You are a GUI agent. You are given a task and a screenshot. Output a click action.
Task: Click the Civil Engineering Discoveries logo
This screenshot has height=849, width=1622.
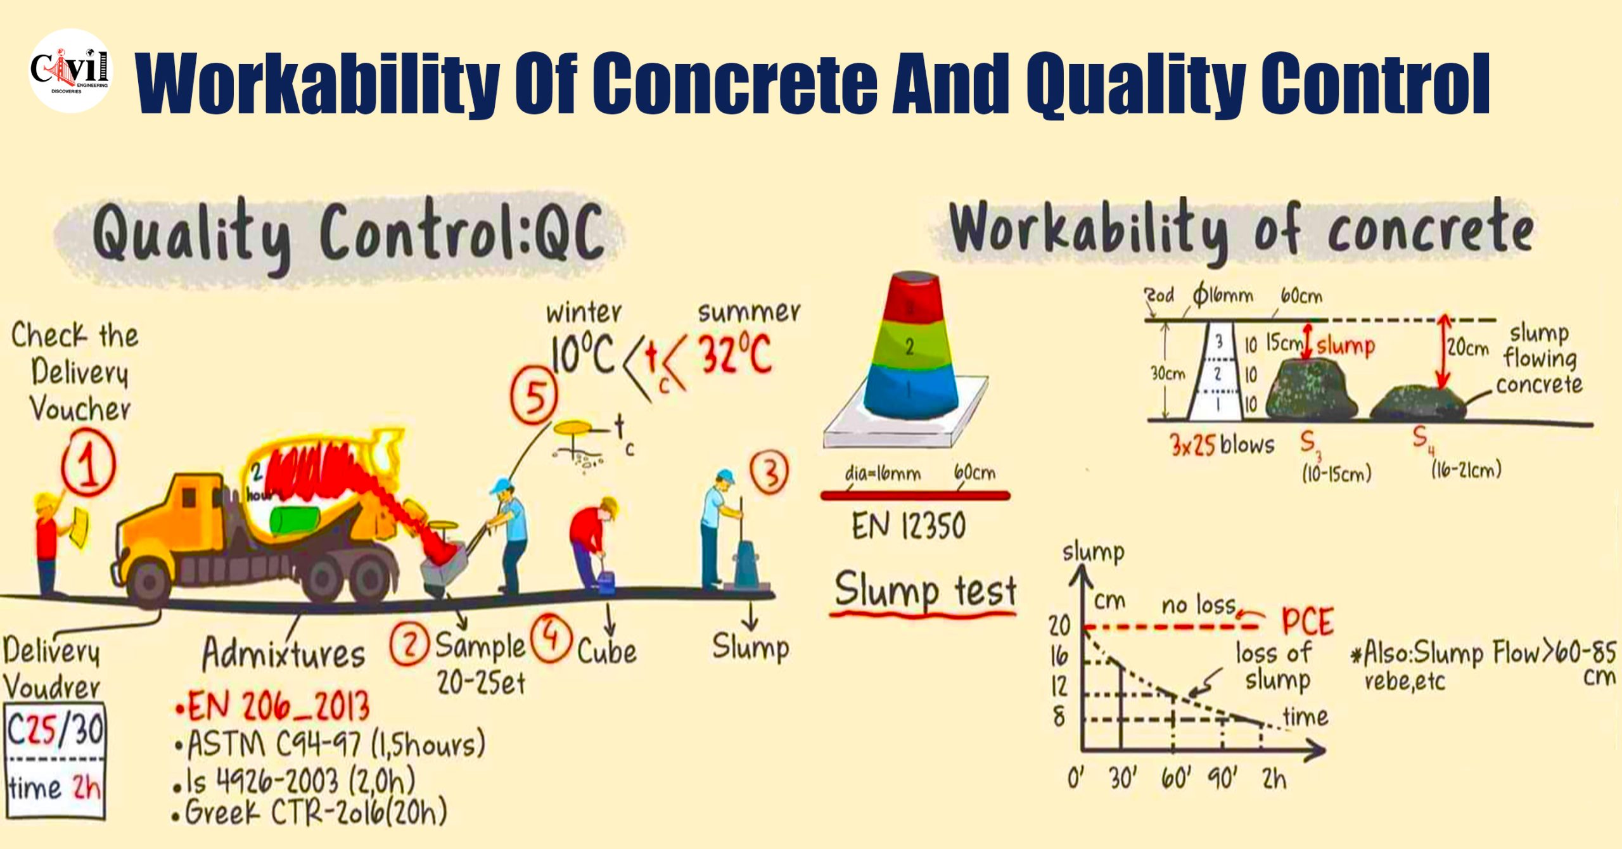(x=70, y=71)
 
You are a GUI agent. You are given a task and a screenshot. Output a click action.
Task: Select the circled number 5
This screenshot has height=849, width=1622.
(x=535, y=398)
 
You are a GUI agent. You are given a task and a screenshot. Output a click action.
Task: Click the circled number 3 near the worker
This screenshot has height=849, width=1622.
(x=770, y=472)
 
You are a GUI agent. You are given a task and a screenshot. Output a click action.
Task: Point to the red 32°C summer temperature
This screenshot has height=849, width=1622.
(x=735, y=355)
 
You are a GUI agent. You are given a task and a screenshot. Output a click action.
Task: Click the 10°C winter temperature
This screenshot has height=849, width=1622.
(x=582, y=355)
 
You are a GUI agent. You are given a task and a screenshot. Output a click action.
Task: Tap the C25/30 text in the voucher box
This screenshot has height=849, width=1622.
(x=56, y=730)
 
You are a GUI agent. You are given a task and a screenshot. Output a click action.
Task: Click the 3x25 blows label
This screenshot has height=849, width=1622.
(x=1222, y=445)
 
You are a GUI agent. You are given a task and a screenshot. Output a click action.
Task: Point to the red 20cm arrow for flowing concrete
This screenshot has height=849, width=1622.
(x=1443, y=352)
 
